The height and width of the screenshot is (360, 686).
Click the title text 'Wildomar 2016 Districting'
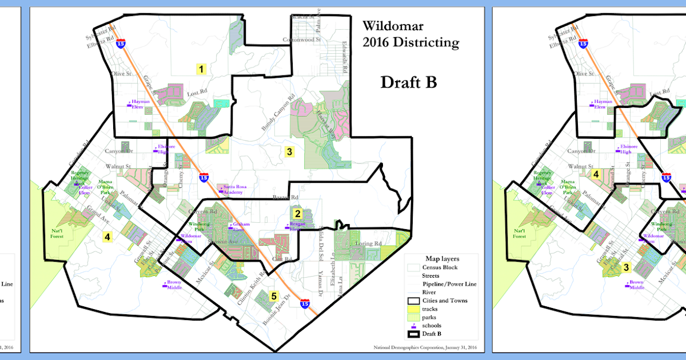point(410,34)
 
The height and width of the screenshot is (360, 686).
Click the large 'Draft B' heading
point(409,82)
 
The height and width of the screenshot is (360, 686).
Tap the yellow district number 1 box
point(201,70)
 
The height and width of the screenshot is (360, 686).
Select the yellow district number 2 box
point(297,214)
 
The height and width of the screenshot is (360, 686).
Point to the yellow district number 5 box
point(274,296)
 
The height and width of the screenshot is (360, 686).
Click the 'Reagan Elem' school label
point(297,227)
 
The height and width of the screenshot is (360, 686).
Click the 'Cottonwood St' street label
point(304,40)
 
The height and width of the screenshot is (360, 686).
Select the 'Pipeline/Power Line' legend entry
point(449,284)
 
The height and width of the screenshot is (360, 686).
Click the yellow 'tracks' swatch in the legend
point(413,309)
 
